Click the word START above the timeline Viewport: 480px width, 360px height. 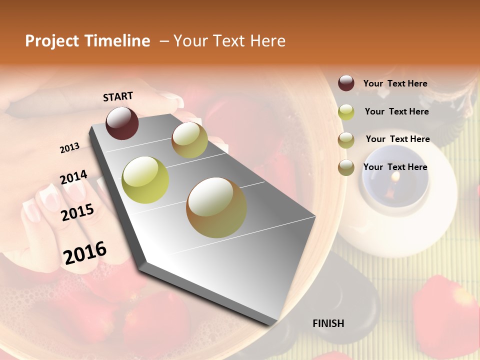(x=118, y=96)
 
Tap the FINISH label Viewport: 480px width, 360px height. (x=328, y=323)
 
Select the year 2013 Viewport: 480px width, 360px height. (x=69, y=147)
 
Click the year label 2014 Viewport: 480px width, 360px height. (x=73, y=177)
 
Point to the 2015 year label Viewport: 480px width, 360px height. (x=77, y=212)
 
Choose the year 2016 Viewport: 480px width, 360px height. (x=85, y=252)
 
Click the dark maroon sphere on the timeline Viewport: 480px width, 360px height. (x=122, y=123)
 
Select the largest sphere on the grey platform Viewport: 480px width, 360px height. (x=216, y=207)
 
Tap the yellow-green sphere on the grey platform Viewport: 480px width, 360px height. (x=145, y=180)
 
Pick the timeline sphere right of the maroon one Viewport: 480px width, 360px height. (x=189, y=140)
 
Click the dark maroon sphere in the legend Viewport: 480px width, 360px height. (x=346, y=83)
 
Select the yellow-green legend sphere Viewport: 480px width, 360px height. (x=346, y=112)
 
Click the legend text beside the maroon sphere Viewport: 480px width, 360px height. (x=395, y=83)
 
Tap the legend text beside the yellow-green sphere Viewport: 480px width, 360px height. (x=396, y=111)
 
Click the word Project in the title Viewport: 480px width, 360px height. (x=51, y=41)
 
